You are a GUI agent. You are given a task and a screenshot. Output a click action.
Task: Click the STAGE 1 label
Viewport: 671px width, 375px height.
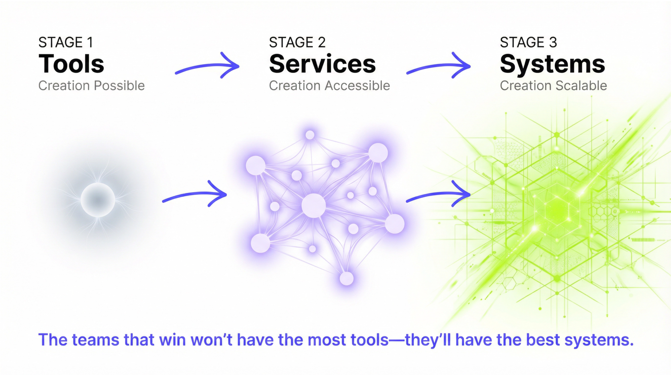[x=65, y=42]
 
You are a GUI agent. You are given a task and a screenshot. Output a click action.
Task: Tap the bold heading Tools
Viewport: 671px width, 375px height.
[x=71, y=64]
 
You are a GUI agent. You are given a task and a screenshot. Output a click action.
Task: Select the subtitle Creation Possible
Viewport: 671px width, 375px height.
[x=91, y=86]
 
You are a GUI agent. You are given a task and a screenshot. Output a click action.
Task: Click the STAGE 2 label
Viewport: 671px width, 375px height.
[x=297, y=42]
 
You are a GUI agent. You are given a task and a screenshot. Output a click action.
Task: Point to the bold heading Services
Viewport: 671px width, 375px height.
[x=322, y=64]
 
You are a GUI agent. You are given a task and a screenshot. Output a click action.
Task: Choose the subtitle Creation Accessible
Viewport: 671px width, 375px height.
[x=329, y=86]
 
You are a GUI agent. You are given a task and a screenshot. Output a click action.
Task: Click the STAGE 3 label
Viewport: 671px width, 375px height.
[x=528, y=42]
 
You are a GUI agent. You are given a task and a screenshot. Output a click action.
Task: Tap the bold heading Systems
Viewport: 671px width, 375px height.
[x=552, y=64]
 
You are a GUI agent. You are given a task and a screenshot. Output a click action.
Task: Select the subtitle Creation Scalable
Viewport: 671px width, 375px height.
[x=553, y=86]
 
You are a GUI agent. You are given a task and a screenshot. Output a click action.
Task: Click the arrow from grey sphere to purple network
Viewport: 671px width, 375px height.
[x=194, y=194]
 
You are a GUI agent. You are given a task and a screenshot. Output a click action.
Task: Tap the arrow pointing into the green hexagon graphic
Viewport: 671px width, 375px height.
[x=438, y=194]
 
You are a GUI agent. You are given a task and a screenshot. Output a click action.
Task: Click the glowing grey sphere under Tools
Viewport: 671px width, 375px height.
[x=98, y=200]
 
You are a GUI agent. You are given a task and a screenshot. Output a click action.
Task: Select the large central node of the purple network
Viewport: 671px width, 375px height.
[x=314, y=206]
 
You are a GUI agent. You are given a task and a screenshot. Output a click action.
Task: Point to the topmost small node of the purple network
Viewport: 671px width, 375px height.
[x=310, y=135]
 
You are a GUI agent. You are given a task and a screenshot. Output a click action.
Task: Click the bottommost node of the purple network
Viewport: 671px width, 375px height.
[x=347, y=278]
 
